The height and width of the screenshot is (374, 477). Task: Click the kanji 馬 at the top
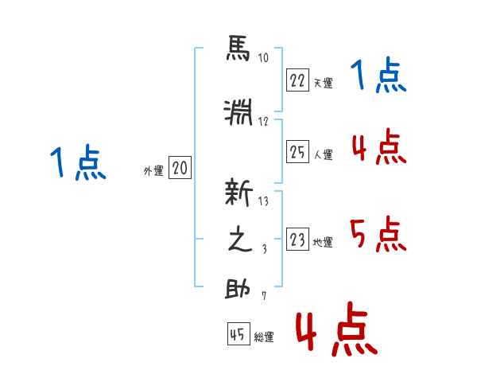(x=238, y=48)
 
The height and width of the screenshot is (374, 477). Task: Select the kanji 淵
(x=238, y=112)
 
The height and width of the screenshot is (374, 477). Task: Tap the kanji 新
(x=238, y=193)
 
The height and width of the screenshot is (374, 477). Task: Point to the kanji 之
(x=240, y=239)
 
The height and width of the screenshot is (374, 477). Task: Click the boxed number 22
(x=297, y=80)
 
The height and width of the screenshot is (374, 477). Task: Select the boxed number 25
(x=297, y=151)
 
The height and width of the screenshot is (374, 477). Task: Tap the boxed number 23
(x=297, y=239)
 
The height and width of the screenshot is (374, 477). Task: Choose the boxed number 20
(x=180, y=167)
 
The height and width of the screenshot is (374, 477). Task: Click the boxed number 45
(x=238, y=333)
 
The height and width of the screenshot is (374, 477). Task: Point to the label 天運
(x=324, y=83)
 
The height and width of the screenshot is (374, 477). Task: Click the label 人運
(x=324, y=154)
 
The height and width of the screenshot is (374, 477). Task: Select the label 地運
(x=323, y=242)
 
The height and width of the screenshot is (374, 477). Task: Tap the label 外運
(x=153, y=171)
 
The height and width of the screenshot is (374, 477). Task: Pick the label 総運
(x=264, y=337)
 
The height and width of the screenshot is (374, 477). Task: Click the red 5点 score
(x=378, y=234)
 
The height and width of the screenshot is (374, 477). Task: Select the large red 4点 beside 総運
(x=337, y=329)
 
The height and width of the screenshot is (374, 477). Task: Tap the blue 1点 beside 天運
(x=378, y=75)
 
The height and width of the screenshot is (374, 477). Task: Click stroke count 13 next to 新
(x=263, y=201)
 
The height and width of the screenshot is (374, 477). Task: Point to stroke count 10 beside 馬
(x=263, y=57)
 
